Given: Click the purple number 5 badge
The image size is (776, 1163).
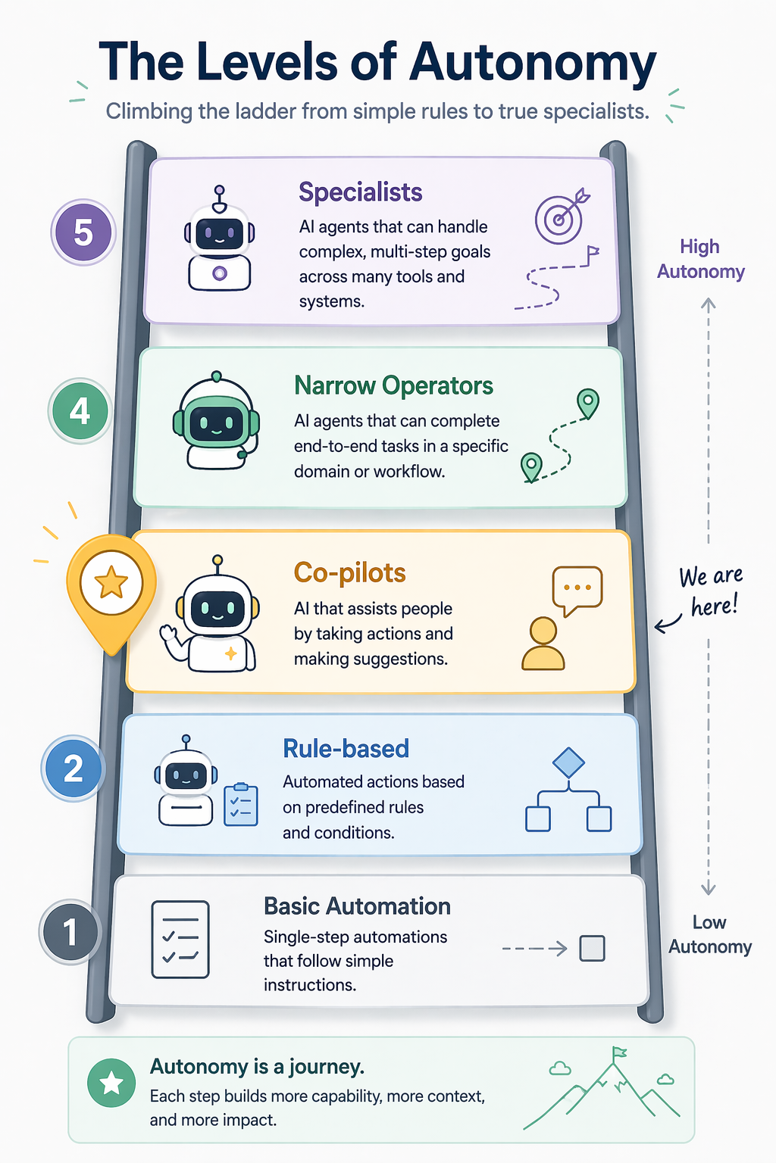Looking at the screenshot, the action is [83, 232].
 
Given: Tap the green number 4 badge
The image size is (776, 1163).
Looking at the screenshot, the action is [80, 410].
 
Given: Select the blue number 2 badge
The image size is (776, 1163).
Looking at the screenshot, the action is [74, 769].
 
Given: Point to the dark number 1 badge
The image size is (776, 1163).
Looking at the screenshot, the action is [70, 932].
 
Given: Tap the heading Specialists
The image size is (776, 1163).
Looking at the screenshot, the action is [360, 192].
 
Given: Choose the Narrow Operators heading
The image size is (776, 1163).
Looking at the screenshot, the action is [393, 385].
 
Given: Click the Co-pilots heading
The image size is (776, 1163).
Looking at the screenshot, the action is [350, 572].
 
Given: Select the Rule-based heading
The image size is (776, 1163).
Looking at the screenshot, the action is [346, 749].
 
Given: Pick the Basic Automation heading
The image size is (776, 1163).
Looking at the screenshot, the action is [357, 906].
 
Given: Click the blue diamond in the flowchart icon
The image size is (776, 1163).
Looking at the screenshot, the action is [568, 762].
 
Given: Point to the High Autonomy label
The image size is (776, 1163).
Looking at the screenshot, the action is [701, 258].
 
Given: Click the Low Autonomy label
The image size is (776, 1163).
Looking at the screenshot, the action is [710, 934].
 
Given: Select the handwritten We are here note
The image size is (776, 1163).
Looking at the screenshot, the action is [711, 591].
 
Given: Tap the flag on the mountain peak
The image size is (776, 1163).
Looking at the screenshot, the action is [619, 1053].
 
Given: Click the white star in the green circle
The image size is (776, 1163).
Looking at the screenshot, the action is [111, 1083].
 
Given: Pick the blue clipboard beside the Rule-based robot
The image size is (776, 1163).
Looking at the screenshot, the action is [241, 804].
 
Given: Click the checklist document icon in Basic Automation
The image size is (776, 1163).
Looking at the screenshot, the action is [180, 940].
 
